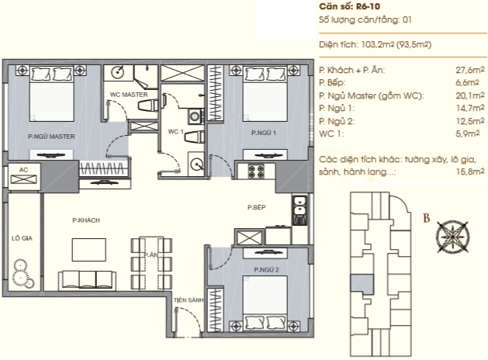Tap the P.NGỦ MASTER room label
click(51, 137)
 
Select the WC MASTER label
click(129, 95)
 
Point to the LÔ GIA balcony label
click(22, 238)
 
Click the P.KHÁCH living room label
click(86, 220)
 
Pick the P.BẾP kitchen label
click(257, 207)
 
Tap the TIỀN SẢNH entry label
click(189, 300)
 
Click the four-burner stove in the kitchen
click(256, 171)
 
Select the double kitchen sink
click(299, 206)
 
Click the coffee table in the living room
click(89, 250)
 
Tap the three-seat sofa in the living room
click(87, 280)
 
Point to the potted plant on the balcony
click(22, 273)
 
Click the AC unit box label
click(23, 170)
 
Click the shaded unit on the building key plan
click(362, 284)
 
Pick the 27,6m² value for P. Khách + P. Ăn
click(470, 70)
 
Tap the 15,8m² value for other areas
click(470, 171)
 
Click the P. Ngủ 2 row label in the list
click(337, 121)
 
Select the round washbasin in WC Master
click(118, 73)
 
